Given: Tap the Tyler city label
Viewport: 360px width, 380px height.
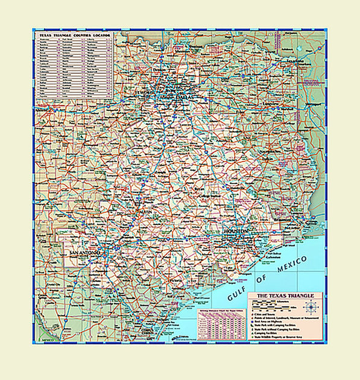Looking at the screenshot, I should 242,113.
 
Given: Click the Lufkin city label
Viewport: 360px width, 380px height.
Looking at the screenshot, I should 268,159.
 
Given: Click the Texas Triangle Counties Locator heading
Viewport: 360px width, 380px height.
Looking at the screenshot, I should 75,36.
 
